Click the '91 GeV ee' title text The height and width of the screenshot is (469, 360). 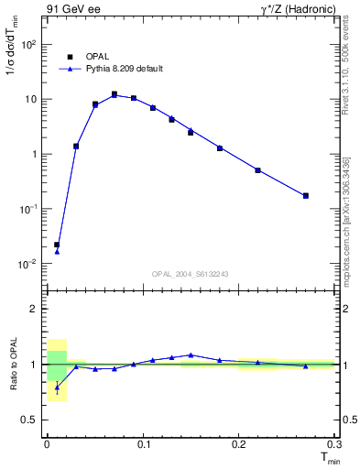(73, 9)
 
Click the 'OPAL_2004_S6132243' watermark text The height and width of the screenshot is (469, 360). (190, 274)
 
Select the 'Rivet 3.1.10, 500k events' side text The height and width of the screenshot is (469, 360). (352, 73)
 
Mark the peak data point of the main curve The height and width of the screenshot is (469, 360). (115, 94)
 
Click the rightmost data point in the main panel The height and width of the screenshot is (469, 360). (306, 195)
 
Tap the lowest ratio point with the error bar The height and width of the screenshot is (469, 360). (57, 387)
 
